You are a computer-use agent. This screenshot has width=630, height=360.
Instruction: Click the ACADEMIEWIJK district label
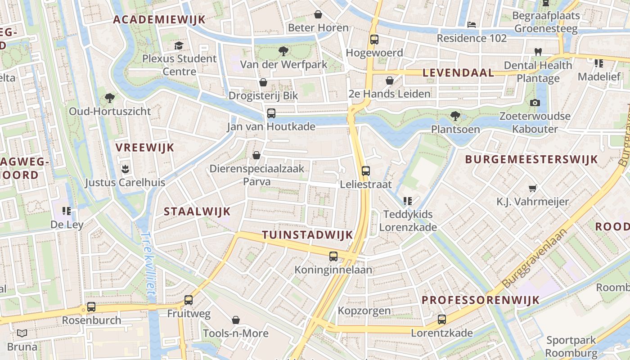click(159, 19)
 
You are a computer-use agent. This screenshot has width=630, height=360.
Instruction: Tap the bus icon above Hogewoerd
click(374, 40)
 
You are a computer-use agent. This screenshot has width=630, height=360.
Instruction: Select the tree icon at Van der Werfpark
click(283, 51)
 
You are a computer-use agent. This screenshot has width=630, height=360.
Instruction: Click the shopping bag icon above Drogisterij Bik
click(263, 83)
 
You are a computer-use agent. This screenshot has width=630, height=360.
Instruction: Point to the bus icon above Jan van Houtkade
click(271, 113)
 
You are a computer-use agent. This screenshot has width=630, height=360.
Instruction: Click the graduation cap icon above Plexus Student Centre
click(179, 45)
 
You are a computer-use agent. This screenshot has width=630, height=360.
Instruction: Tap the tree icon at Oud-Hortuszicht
click(109, 98)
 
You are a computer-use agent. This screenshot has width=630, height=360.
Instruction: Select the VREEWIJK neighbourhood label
click(144, 148)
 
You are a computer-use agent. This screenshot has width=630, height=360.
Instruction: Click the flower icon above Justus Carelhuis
click(125, 169)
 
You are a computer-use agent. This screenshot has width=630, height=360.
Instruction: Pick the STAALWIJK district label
click(197, 211)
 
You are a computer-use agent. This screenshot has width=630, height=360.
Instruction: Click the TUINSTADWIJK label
click(307, 235)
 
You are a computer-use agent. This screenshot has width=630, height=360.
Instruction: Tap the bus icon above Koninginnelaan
click(333, 256)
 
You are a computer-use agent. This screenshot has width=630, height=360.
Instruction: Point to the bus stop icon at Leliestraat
click(366, 171)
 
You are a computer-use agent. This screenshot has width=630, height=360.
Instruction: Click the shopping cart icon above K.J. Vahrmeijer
click(533, 188)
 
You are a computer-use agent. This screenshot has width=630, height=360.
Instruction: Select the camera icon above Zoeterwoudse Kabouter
click(535, 103)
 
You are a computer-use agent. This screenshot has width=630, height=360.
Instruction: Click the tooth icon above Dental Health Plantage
click(537, 52)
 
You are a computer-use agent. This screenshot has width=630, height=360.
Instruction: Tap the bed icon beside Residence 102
click(472, 25)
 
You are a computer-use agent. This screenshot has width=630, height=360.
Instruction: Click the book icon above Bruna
click(22, 333)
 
